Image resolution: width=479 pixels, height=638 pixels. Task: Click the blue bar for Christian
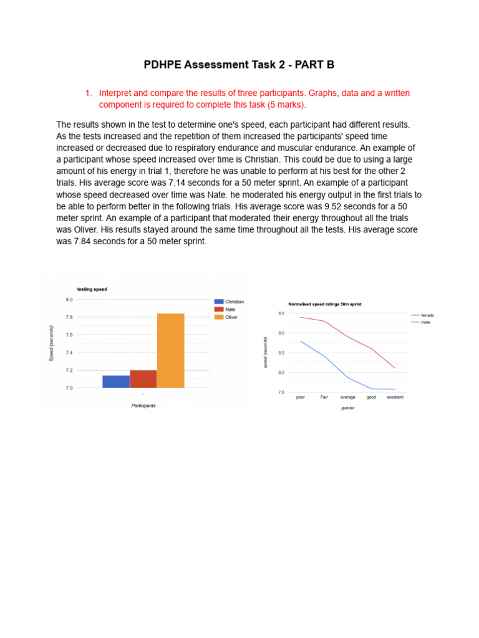pos(116,381)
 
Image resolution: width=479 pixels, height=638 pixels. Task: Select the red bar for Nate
pos(143,379)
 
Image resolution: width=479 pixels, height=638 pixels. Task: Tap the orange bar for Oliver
pos(171,351)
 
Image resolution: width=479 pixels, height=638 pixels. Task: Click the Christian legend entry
pos(229,302)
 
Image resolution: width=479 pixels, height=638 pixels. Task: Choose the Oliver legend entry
pos(226,317)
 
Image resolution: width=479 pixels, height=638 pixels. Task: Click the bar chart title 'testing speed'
pos(92,289)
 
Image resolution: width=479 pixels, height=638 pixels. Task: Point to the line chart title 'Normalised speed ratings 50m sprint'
pos(324,304)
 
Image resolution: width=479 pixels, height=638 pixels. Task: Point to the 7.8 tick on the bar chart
pos(69,317)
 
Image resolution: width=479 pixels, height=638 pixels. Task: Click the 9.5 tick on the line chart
pos(281,313)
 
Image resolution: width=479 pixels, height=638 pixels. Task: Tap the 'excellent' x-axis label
pos(395,398)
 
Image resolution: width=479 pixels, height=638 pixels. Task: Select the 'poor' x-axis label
pos(301,398)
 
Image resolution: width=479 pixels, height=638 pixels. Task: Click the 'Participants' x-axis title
pos(143,406)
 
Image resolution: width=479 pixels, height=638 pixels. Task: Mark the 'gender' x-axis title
pos(347,408)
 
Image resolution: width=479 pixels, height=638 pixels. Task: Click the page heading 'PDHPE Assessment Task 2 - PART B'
pos(239,65)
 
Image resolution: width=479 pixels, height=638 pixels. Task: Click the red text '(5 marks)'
pos(285,104)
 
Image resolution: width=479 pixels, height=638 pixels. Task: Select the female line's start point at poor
pos(301,317)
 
